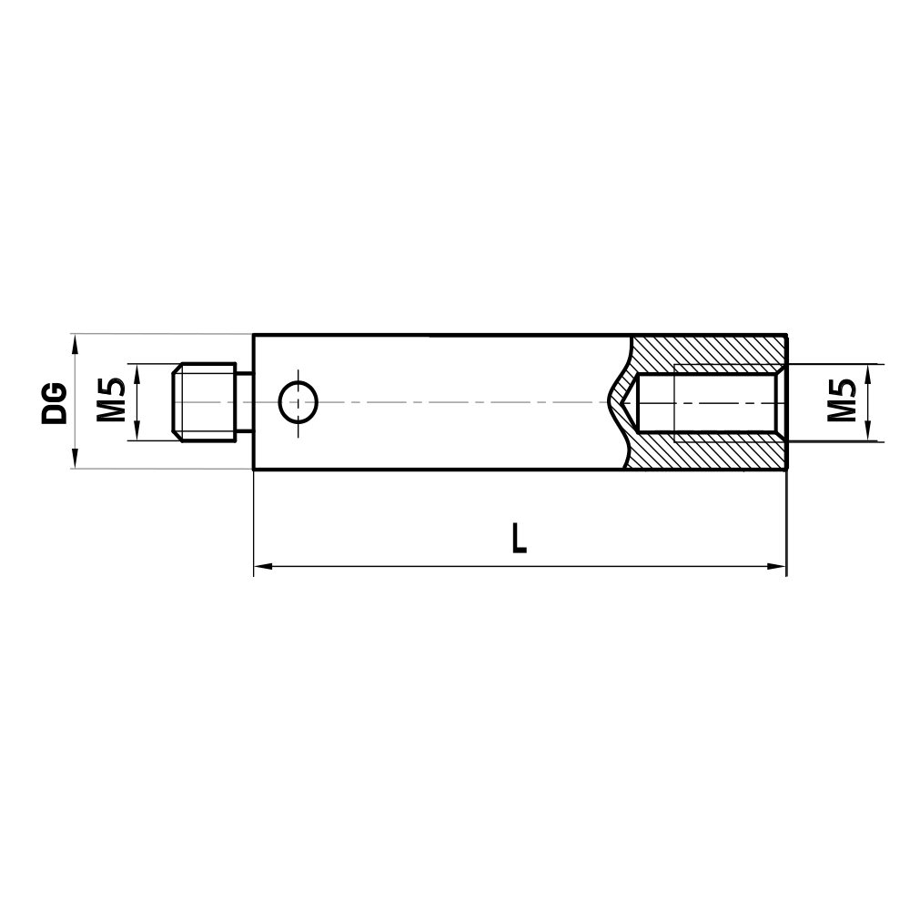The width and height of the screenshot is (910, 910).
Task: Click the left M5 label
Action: click(x=111, y=401)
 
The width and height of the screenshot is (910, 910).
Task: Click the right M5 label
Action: click(x=843, y=401)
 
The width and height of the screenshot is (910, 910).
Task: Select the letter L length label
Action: click(x=519, y=538)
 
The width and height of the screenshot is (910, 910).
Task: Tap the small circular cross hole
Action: click(x=298, y=401)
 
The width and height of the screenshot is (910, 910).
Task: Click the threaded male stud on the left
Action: click(x=204, y=401)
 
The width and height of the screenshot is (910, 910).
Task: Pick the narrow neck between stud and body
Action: click(x=244, y=401)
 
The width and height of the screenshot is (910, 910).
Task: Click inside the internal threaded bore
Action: click(x=710, y=401)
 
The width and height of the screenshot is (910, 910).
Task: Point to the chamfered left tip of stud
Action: click(x=177, y=401)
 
